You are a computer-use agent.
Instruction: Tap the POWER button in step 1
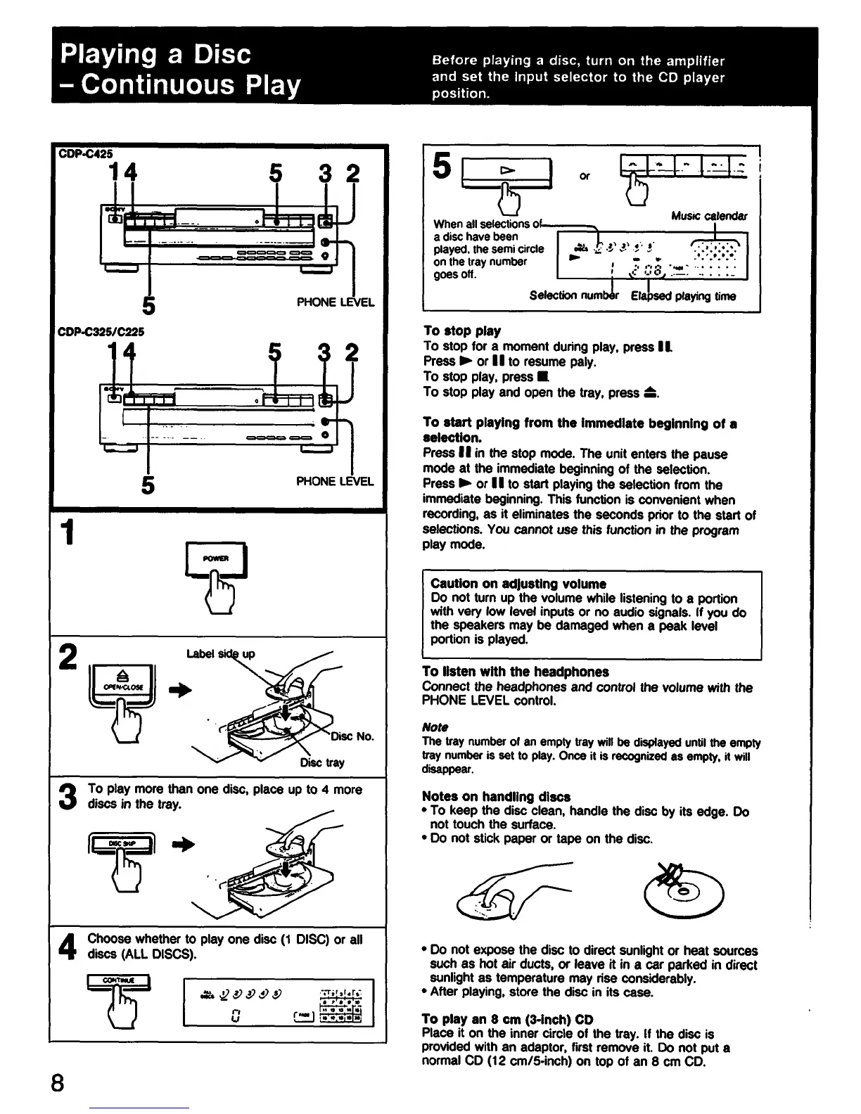click(x=215, y=559)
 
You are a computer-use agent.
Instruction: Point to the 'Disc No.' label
click(x=353, y=736)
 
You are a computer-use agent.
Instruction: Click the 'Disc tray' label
click(x=322, y=762)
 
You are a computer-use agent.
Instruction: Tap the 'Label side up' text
click(x=220, y=654)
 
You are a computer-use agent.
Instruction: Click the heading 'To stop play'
click(x=461, y=331)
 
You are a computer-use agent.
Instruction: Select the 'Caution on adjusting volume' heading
click(x=518, y=584)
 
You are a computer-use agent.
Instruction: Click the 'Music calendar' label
click(x=709, y=216)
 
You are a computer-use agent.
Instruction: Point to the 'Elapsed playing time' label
click(x=683, y=296)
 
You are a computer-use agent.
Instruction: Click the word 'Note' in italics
click(x=435, y=727)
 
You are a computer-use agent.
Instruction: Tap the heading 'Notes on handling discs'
click(x=496, y=797)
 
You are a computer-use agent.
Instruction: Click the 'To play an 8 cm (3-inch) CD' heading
click(x=507, y=1019)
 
